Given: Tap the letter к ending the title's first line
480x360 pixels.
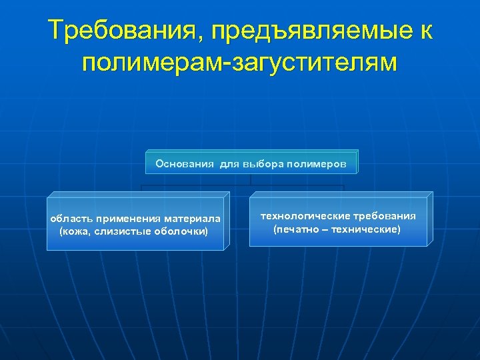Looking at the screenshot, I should tap(425, 31).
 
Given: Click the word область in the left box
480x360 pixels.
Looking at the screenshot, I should tap(71, 219).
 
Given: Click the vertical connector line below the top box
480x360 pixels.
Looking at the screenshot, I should tap(251, 179).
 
